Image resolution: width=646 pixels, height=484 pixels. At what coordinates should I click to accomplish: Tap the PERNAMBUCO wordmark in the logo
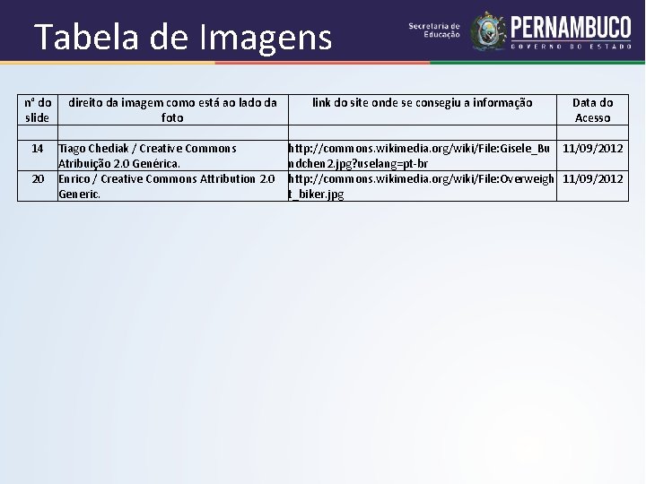point(571,26)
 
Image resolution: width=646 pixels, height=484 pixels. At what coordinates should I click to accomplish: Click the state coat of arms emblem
point(489,30)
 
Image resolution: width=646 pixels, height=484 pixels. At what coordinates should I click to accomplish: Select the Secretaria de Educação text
point(434,30)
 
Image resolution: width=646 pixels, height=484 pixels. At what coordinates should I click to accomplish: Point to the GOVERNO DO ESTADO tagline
point(571,46)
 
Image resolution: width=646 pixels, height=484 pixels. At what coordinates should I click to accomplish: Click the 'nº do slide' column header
point(38,110)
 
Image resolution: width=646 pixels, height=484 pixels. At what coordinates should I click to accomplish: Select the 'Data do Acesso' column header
point(592,110)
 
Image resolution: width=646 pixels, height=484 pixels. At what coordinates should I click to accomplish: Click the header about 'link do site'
point(422,103)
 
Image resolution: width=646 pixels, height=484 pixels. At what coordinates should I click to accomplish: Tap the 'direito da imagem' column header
point(172,110)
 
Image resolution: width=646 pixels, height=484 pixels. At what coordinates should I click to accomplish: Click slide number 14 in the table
point(38,148)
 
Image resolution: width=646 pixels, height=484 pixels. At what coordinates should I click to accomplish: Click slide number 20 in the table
point(38,179)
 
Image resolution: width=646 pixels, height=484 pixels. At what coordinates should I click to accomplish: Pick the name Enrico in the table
point(75,179)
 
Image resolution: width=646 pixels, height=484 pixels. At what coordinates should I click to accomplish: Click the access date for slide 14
point(592,148)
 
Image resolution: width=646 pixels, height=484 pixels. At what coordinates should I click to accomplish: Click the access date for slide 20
point(592,179)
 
